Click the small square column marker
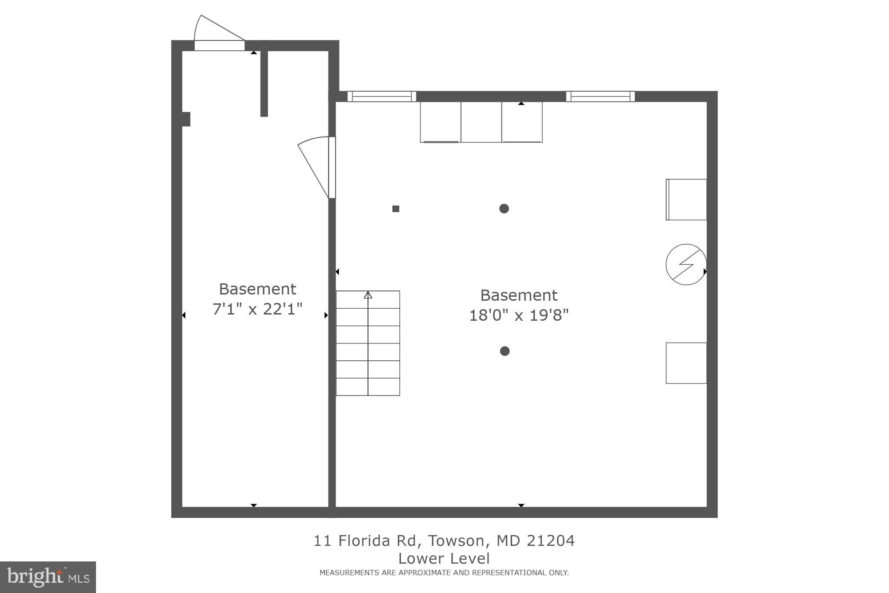tap(396, 209)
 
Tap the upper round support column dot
tap(504, 209)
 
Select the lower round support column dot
tap(505, 351)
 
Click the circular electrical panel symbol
tap(686, 264)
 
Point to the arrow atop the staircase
tap(368, 295)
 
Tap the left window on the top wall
tap(381, 97)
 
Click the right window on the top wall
tap(600, 97)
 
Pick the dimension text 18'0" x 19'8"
tap(519, 315)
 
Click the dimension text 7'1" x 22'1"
tap(257, 309)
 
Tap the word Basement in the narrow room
tap(257, 289)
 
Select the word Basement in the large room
tap(519, 295)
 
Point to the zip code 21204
tap(551, 541)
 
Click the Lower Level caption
tap(444, 559)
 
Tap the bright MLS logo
tap(48, 577)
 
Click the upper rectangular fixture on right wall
tap(686, 199)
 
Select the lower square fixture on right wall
tap(686, 363)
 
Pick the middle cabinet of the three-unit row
tap(481, 122)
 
